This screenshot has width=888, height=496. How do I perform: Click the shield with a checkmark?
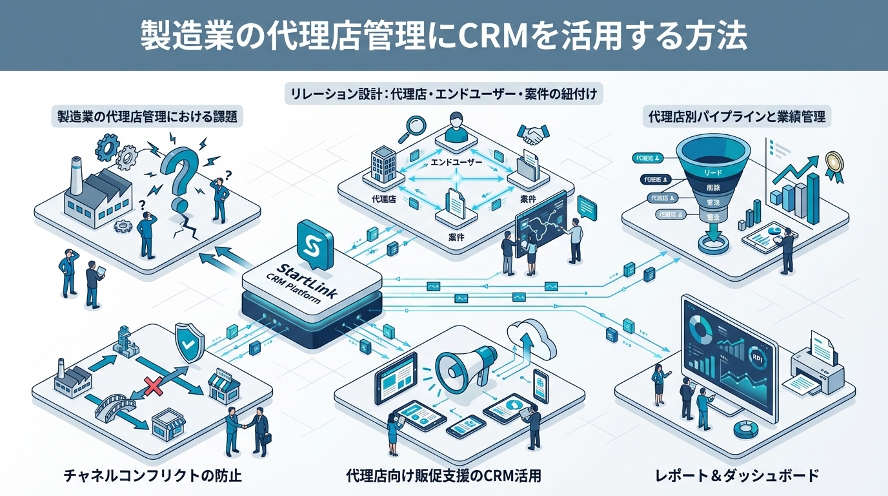[189, 343]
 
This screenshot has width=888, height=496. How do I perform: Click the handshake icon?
[532, 135]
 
